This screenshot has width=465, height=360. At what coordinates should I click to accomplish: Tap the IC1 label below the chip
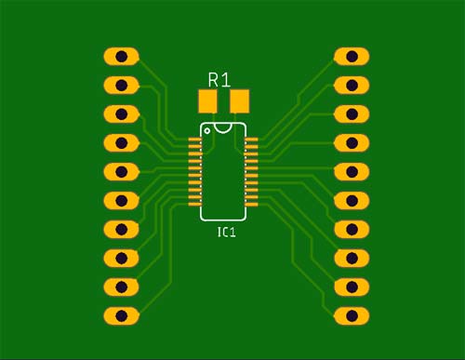226,232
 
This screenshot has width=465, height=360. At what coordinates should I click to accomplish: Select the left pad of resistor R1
207,100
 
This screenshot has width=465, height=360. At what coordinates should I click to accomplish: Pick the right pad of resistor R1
239,100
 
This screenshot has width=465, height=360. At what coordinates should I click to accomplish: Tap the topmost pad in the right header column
352,57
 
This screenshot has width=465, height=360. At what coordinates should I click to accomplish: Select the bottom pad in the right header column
352,315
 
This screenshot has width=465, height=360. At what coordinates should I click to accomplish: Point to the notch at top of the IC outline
223,124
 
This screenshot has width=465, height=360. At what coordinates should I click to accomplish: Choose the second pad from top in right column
352,86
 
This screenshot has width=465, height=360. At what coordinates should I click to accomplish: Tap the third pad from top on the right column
352,114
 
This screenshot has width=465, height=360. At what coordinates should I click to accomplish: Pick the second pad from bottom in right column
352,287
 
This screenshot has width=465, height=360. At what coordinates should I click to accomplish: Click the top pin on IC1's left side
195,140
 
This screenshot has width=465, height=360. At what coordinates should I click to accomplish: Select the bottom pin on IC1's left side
195,202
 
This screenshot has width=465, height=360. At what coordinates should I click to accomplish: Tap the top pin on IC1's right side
251,140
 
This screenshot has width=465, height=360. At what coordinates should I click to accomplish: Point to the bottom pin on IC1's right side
251,202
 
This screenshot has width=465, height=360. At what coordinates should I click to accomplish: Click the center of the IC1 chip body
223,172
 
